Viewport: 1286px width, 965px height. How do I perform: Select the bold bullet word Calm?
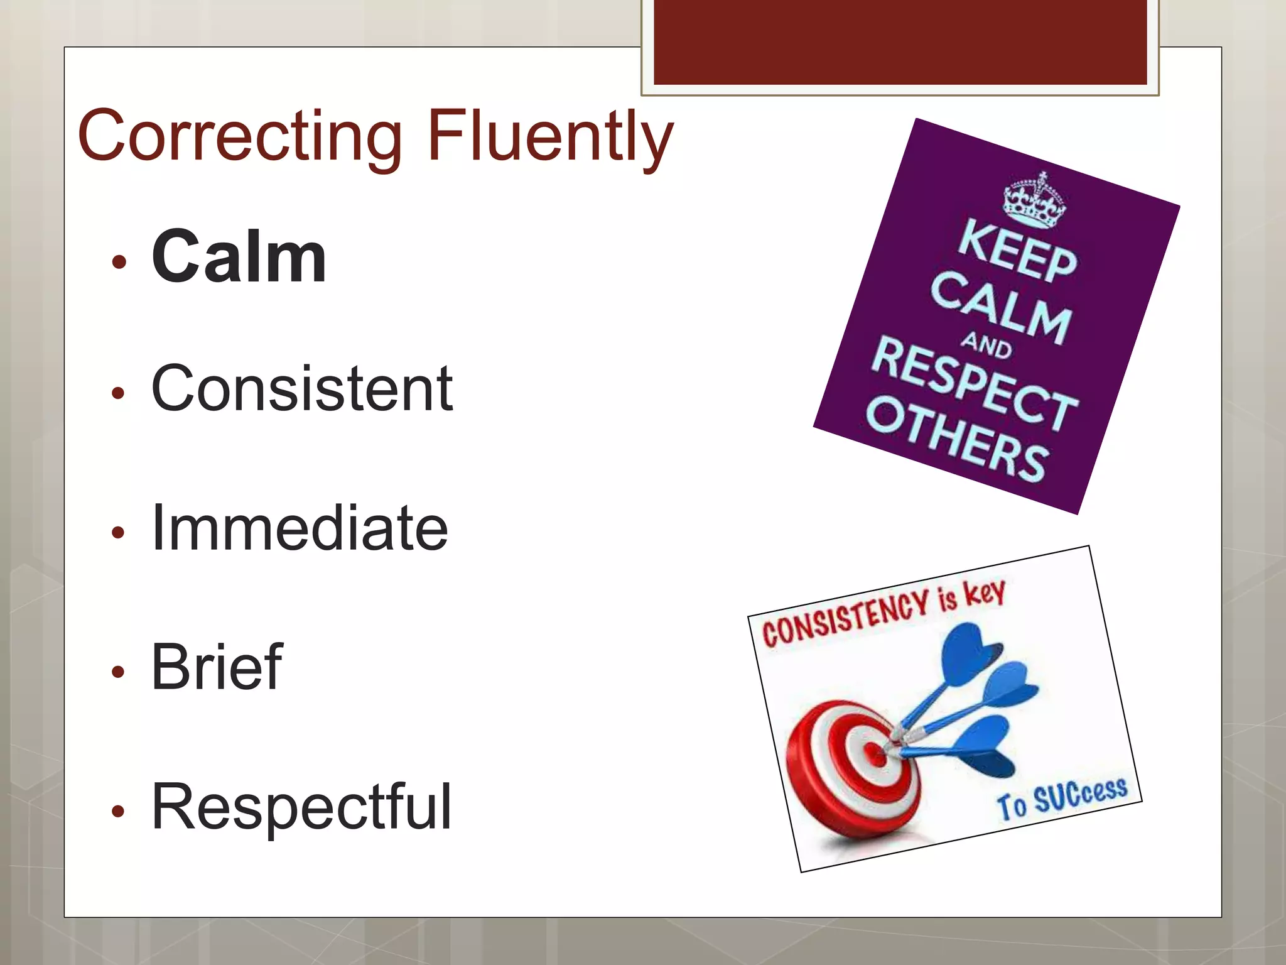pos(239,258)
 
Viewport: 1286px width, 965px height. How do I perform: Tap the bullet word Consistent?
pos(301,390)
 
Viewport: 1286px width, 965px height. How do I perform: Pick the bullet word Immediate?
pos(300,528)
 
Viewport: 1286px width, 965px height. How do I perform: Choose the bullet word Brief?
pos(217,667)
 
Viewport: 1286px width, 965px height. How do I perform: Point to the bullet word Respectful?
pos(301,807)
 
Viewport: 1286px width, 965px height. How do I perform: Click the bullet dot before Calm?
pos(119,261)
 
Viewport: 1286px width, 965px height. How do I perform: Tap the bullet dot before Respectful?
pos(119,811)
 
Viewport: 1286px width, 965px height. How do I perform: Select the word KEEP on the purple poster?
pos(1017,251)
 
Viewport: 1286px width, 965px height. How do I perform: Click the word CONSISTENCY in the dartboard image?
pos(845,619)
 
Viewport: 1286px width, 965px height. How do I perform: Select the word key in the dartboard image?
pos(985,592)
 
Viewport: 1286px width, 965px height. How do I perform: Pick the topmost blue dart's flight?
pos(970,653)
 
